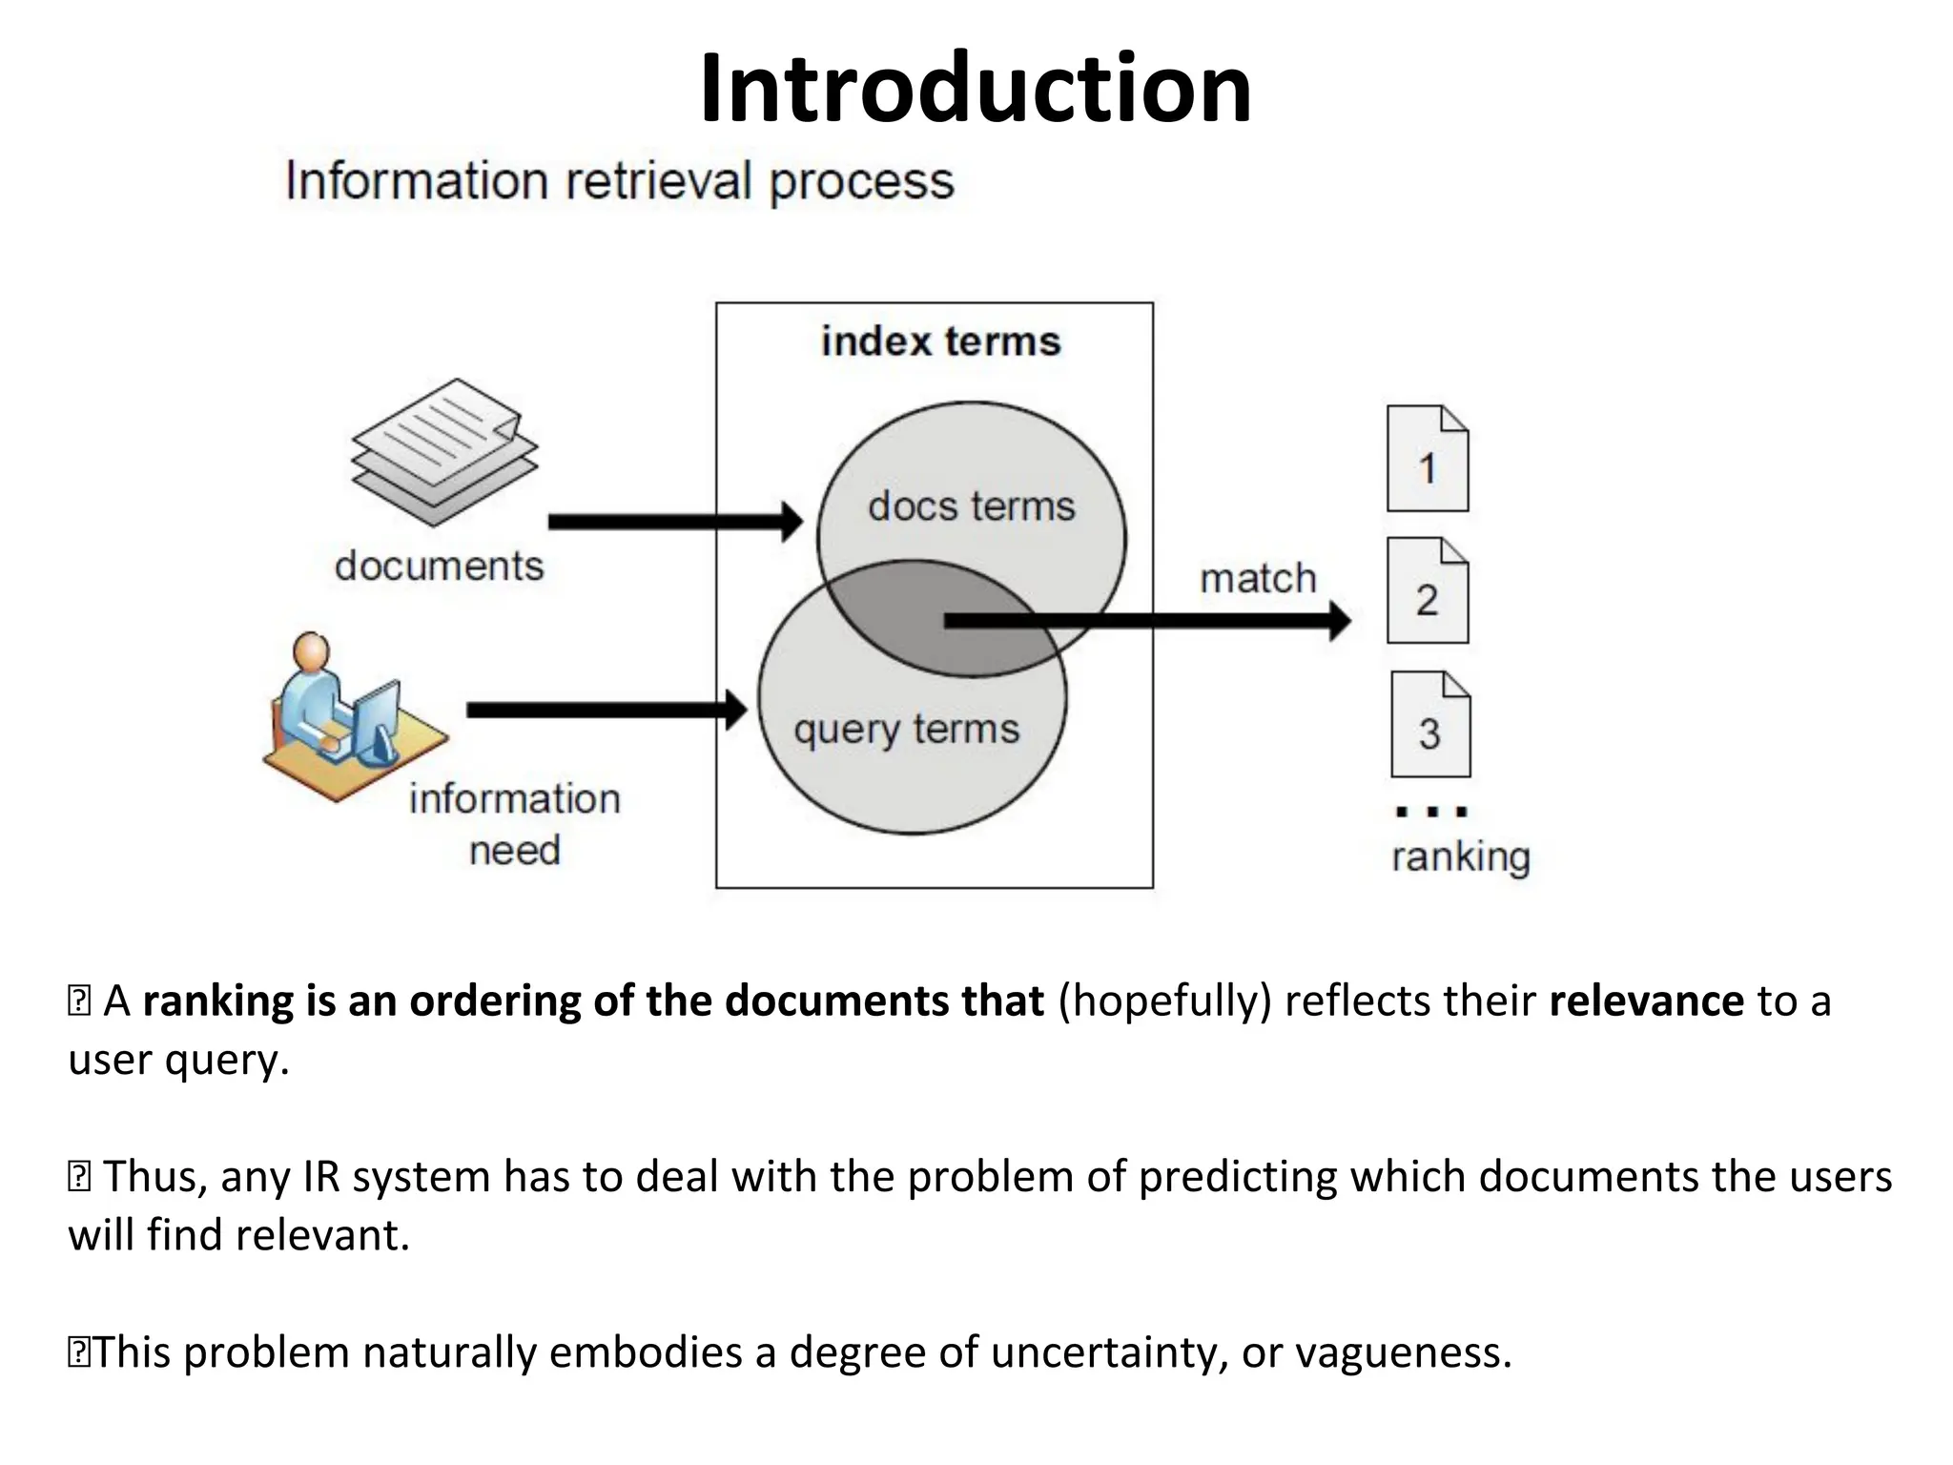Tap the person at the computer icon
click(x=348, y=715)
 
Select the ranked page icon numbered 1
click(x=1427, y=460)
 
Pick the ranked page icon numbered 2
click(x=1427, y=591)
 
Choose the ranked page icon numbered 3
click(x=1429, y=725)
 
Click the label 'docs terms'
click(x=971, y=506)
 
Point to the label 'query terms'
click(x=906, y=730)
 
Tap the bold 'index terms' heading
click(x=940, y=341)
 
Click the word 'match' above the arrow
click(x=1257, y=579)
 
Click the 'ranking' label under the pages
click(x=1460, y=856)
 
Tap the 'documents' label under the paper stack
click(x=439, y=567)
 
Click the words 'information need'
click(x=514, y=823)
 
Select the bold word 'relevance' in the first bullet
click(x=1646, y=1001)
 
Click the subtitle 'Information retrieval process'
click(x=620, y=181)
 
